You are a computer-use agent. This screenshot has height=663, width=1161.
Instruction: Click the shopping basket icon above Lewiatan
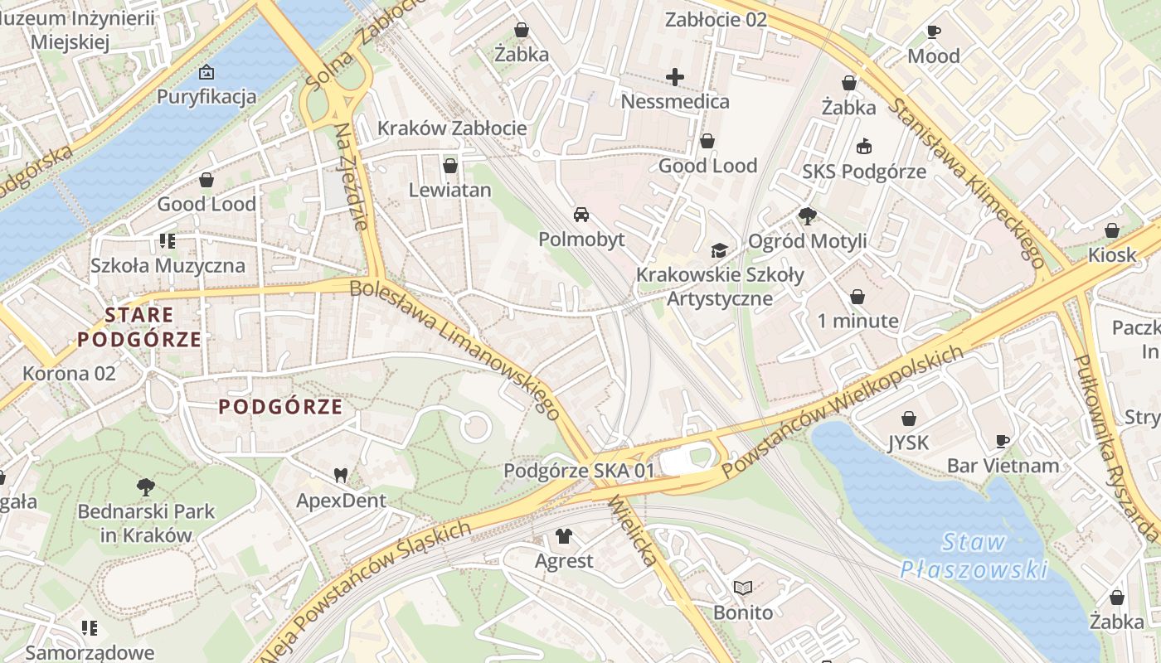pos(450,166)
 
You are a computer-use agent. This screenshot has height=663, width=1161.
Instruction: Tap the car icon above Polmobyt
pos(581,215)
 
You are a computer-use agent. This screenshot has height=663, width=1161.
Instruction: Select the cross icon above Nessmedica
pos(675,77)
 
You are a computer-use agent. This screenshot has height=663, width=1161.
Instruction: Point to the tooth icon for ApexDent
pos(340,476)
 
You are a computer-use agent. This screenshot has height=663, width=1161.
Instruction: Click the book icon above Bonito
pos(743,588)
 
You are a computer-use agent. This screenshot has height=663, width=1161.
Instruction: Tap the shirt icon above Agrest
pos(564,536)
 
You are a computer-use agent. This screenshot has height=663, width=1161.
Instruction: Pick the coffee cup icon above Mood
pos(934,31)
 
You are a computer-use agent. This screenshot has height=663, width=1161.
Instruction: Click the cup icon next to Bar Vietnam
pos(1003,441)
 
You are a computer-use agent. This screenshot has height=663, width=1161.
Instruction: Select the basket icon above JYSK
pos(909,418)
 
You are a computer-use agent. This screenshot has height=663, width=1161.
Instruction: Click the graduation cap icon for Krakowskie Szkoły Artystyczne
pos(719,250)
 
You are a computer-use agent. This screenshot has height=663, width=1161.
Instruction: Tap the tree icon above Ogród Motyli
pos(807,216)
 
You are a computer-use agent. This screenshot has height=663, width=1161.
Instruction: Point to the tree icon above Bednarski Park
pos(146,486)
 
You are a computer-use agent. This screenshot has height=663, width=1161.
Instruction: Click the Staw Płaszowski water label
pos(974,556)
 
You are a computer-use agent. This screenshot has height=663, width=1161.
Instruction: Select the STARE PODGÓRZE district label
pos(139,327)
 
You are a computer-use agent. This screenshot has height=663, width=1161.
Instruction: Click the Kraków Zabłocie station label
pos(452,128)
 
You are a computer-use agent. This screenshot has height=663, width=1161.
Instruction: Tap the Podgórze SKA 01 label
pos(579,471)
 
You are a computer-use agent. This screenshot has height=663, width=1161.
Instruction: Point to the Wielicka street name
pos(634,530)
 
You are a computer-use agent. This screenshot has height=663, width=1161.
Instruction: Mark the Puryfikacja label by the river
pos(206,97)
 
